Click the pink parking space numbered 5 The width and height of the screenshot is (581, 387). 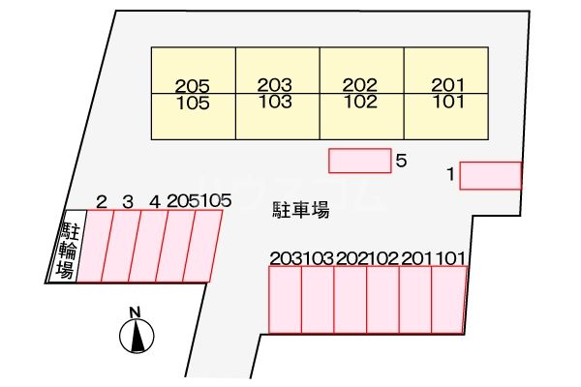pyautogui.click(x=359, y=161)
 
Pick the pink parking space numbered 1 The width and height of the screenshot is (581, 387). pyautogui.click(x=490, y=175)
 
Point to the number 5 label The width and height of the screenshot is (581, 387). pyautogui.click(x=401, y=162)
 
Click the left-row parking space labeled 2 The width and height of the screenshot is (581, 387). pyautogui.click(x=94, y=247)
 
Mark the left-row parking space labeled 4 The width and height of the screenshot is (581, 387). pyautogui.click(x=150, y=247)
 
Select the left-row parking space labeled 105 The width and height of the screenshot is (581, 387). pyautogui.click(x=205, y=247)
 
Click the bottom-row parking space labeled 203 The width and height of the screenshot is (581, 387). pyautogui.click(x=285, y=300)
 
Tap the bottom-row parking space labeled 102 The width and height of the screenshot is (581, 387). pyautogui.click(x=383, y=300)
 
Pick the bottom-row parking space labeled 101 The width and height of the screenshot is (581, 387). pyautogui.click(x=449, y=300)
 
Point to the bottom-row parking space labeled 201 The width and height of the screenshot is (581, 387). pyautogui.click(x=416, y=300)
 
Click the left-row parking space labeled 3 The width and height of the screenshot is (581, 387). pyautogui.click(x=122, y=247)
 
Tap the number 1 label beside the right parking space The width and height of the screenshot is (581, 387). pyautogui.click(x=450, y=174)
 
